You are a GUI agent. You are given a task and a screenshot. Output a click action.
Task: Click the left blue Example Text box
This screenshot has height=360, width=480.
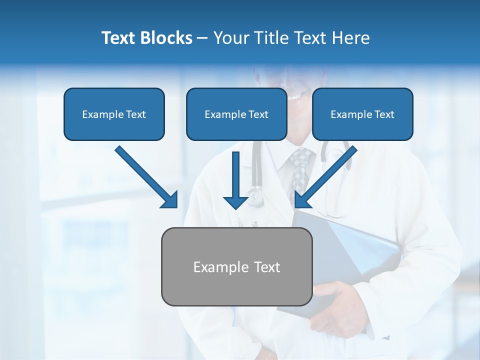[114, 114]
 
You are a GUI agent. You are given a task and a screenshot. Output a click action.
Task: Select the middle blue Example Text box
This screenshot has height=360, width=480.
[236, 114]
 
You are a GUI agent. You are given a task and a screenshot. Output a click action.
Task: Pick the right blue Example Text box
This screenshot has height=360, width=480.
[362, 114]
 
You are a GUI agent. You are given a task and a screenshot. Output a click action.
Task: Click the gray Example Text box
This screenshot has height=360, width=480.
[236, 266]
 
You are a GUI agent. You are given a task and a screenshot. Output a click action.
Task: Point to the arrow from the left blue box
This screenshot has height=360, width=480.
[145, 176]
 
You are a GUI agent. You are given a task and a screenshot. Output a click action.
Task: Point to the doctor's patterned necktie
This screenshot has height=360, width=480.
[299, 167]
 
